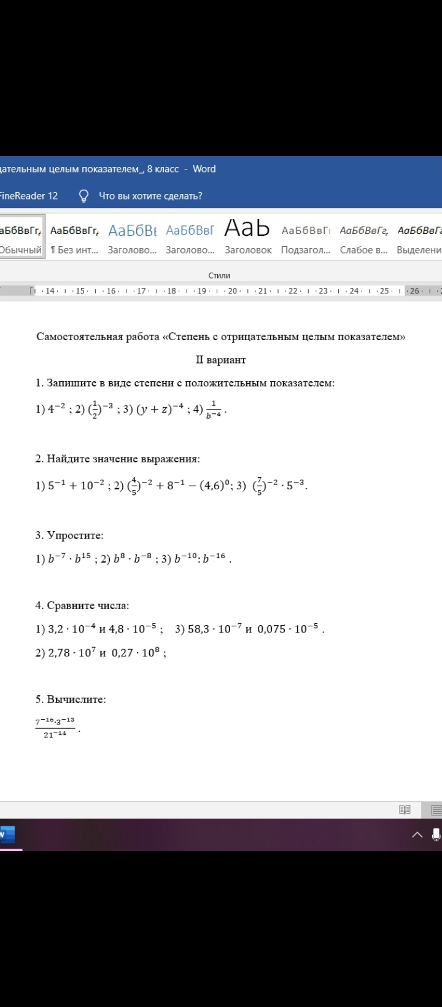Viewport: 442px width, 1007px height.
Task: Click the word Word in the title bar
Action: click(204, 169)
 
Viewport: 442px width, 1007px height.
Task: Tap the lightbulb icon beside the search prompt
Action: click(84, 196)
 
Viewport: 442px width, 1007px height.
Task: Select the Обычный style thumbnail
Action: click(21, 237)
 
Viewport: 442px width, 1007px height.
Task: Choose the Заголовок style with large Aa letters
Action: click(248, 237)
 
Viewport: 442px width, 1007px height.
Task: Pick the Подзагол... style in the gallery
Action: click(306, 237)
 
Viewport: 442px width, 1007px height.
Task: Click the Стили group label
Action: click(219, 276)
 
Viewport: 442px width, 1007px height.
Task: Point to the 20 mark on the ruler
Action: click(233, 291)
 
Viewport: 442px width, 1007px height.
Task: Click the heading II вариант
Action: click(221, 360)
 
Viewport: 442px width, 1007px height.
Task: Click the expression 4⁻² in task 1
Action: click(56, 409)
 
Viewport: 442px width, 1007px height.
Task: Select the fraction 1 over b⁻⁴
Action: click(214, 409)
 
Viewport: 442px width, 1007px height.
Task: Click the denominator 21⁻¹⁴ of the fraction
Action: click(55, 734)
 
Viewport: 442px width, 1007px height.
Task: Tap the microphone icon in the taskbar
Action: click(436, 834)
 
